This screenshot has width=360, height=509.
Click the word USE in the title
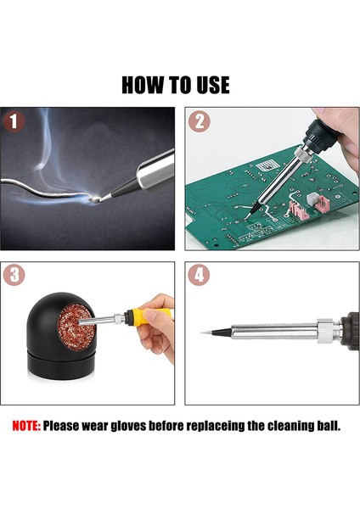click(x=211, y=85)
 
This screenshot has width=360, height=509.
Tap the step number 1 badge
click(x=15, y=122)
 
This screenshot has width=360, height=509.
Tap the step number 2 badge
click(x=200, y=122)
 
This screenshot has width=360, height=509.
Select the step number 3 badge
click(x=15, y=277)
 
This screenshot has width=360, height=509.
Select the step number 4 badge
click(x=200, y=277)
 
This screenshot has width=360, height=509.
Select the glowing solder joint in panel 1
click(x=99, y=198)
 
